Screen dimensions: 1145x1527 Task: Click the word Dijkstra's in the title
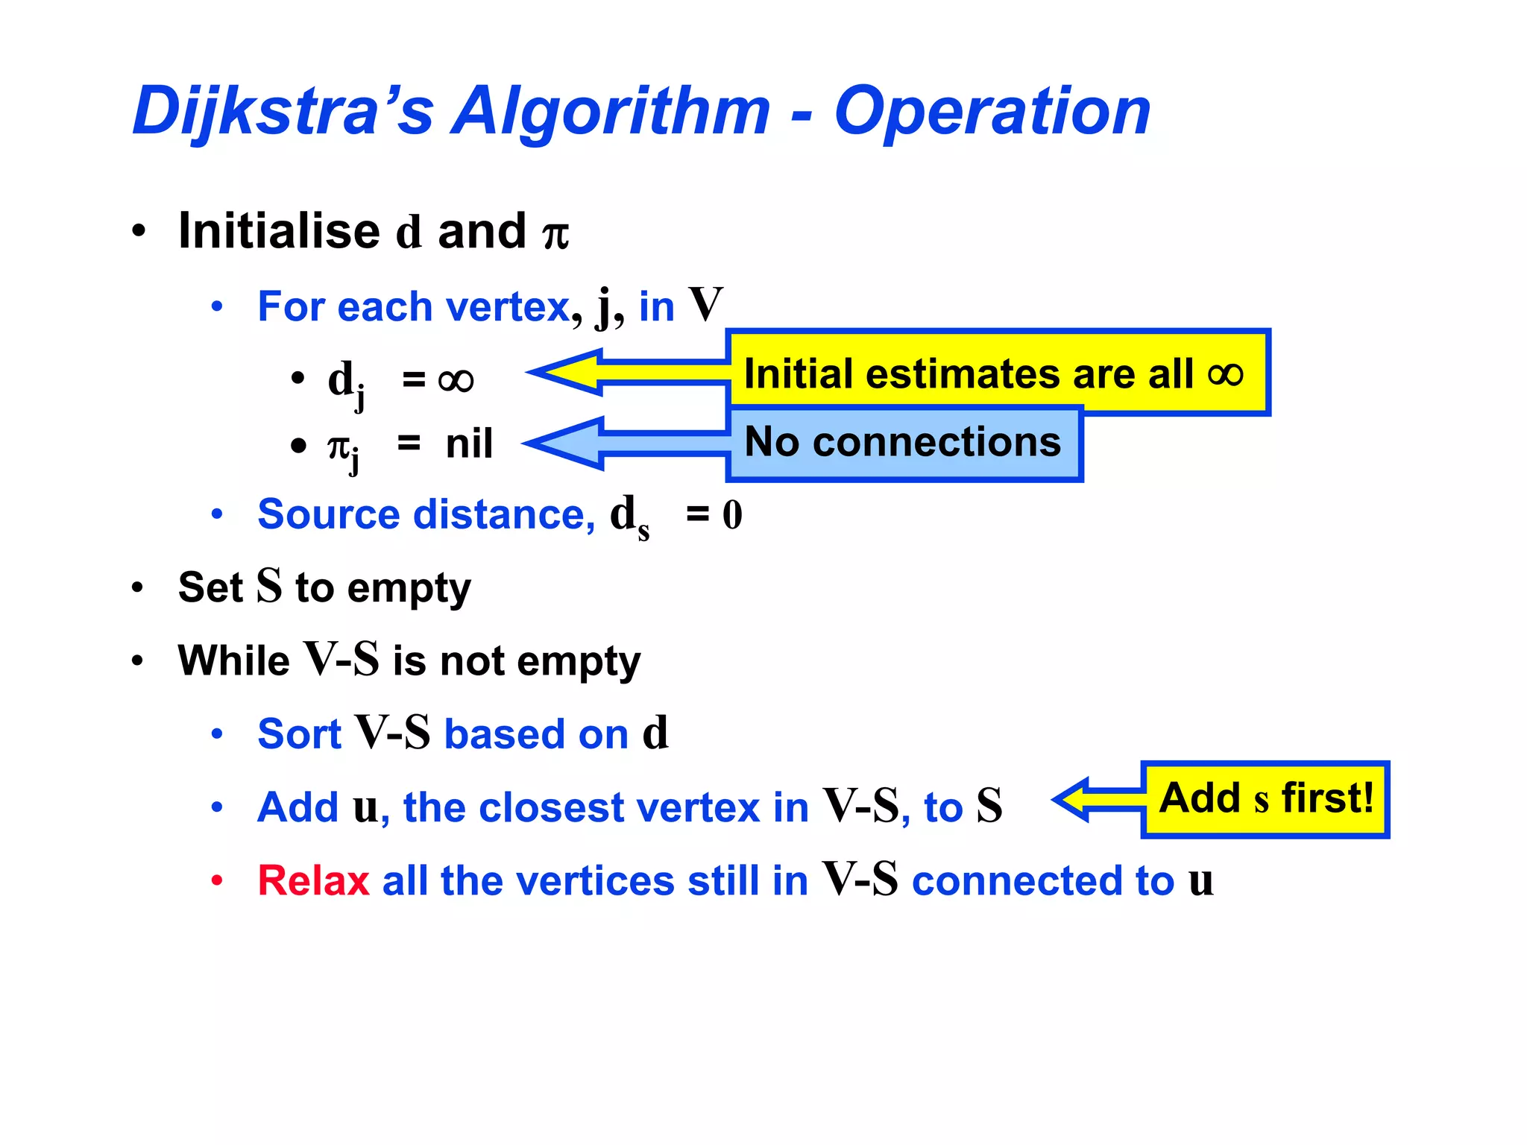283,112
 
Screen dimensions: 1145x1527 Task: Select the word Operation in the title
992,112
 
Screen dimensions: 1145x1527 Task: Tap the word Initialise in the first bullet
280,230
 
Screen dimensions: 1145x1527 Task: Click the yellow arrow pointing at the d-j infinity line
611,372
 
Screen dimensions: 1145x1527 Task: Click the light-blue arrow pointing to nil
611,444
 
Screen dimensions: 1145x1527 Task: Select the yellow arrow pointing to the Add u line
1096,799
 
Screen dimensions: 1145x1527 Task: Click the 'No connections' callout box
903,443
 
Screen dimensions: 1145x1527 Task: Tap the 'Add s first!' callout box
1265,799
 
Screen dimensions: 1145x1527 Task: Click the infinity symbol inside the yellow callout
1225,373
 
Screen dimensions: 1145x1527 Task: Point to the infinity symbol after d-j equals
456,381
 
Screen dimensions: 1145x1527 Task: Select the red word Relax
313,880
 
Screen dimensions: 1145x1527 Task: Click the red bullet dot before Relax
217,880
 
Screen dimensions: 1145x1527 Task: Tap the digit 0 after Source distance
732,515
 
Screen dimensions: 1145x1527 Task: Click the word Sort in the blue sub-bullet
299,734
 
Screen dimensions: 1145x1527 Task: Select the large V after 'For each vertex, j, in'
705,305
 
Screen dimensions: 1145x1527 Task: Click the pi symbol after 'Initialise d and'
555,234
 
